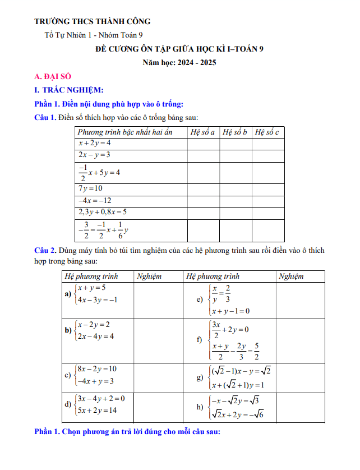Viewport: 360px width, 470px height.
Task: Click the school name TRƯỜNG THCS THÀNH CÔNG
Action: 93,22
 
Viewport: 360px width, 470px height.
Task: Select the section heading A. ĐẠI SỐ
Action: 53,77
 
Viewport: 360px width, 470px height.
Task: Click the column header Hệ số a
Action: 202,132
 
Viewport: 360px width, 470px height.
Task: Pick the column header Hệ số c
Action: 267,132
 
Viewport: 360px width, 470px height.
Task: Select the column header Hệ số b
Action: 235,132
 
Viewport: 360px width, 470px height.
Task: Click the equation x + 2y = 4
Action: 95,144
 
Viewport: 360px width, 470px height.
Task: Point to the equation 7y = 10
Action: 91,188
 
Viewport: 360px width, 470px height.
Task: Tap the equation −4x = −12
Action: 95,200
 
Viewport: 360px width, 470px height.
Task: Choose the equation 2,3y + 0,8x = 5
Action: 103,212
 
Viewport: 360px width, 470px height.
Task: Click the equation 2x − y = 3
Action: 94,154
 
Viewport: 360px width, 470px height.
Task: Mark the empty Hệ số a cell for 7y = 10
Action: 203,188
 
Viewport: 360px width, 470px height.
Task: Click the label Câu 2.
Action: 45,250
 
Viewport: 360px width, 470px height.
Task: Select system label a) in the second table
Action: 68,294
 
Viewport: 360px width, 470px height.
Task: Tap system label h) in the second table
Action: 200,407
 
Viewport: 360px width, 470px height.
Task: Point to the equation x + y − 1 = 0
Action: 230,311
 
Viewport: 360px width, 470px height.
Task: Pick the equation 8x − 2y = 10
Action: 97,368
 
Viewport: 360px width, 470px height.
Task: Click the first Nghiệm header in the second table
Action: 149,277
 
